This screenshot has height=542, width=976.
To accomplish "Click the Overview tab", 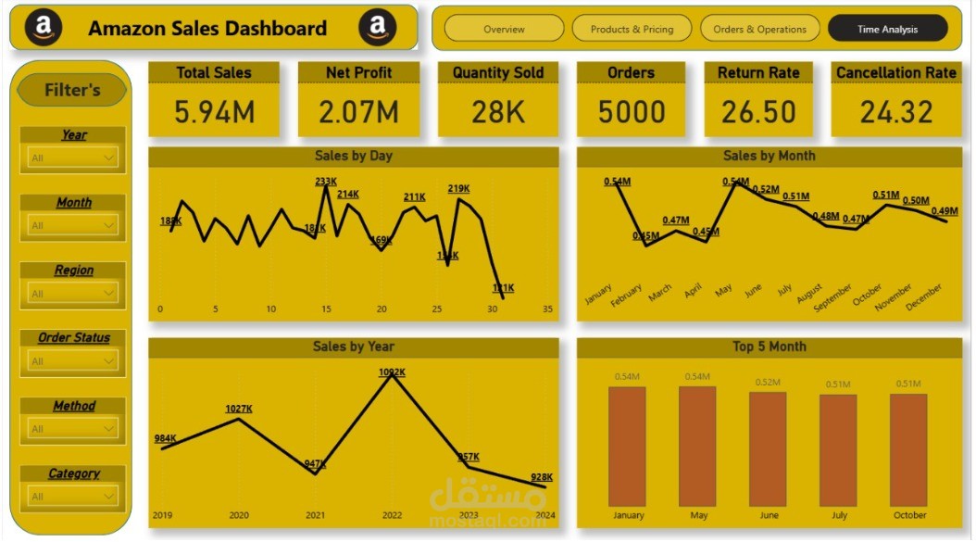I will (x=504, y=29).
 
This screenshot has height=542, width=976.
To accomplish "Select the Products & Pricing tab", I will (x=632, y=29).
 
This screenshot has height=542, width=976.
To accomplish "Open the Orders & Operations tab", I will (x=759, y=29).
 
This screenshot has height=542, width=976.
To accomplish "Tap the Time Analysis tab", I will (x=887, y=29).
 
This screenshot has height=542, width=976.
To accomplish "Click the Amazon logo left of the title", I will (x=44, y=28).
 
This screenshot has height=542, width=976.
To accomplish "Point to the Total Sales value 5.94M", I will (x=214, y=112).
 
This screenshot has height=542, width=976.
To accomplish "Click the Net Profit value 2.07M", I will (x=358, y=112).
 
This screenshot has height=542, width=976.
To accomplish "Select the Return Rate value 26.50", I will (x=758, y=112).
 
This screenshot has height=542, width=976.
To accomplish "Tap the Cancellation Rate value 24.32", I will (x=895, y=112).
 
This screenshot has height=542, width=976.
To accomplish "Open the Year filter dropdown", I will (x=73, y=158).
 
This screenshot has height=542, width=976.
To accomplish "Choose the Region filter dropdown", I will (x=73, y=294).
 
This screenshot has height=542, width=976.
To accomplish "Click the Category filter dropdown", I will (x=73, y=497).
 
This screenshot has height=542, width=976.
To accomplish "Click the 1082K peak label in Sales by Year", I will (x=392, y=372).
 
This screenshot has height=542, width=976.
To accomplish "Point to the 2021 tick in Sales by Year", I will (x=316, y=515).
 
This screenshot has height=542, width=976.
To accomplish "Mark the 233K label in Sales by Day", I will (x=326, y=182).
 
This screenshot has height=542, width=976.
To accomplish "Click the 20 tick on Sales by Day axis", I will (x=382, y=309).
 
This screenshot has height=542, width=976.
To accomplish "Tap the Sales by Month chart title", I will (x=769, y=156).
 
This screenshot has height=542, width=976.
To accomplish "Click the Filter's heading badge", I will (x=73, y=90).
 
